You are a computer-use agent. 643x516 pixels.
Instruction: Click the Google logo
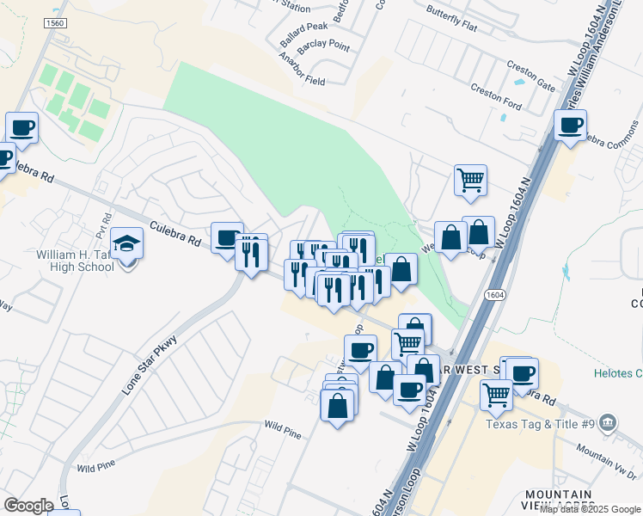coord(28,505)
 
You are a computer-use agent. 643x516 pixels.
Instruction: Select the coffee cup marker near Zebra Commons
coord(570,127)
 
